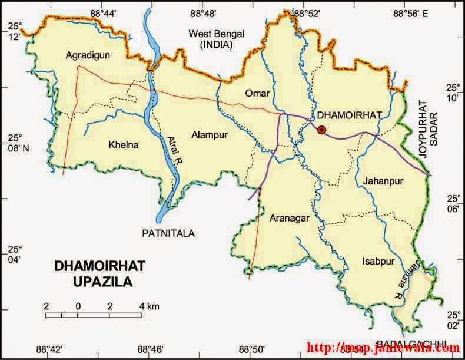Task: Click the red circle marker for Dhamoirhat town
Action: coord(321,130)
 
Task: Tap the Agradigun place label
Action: coord(88,56)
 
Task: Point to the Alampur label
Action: coord(209,135)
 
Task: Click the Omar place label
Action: coord(257,94)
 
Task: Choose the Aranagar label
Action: coord(289,218)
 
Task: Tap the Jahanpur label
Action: coord(383,180)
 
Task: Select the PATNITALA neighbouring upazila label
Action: coord(168,233)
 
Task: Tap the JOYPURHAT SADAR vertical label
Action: coord(428,125)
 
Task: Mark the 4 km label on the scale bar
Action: coord(150,306)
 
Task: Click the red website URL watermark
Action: coord(383,348)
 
